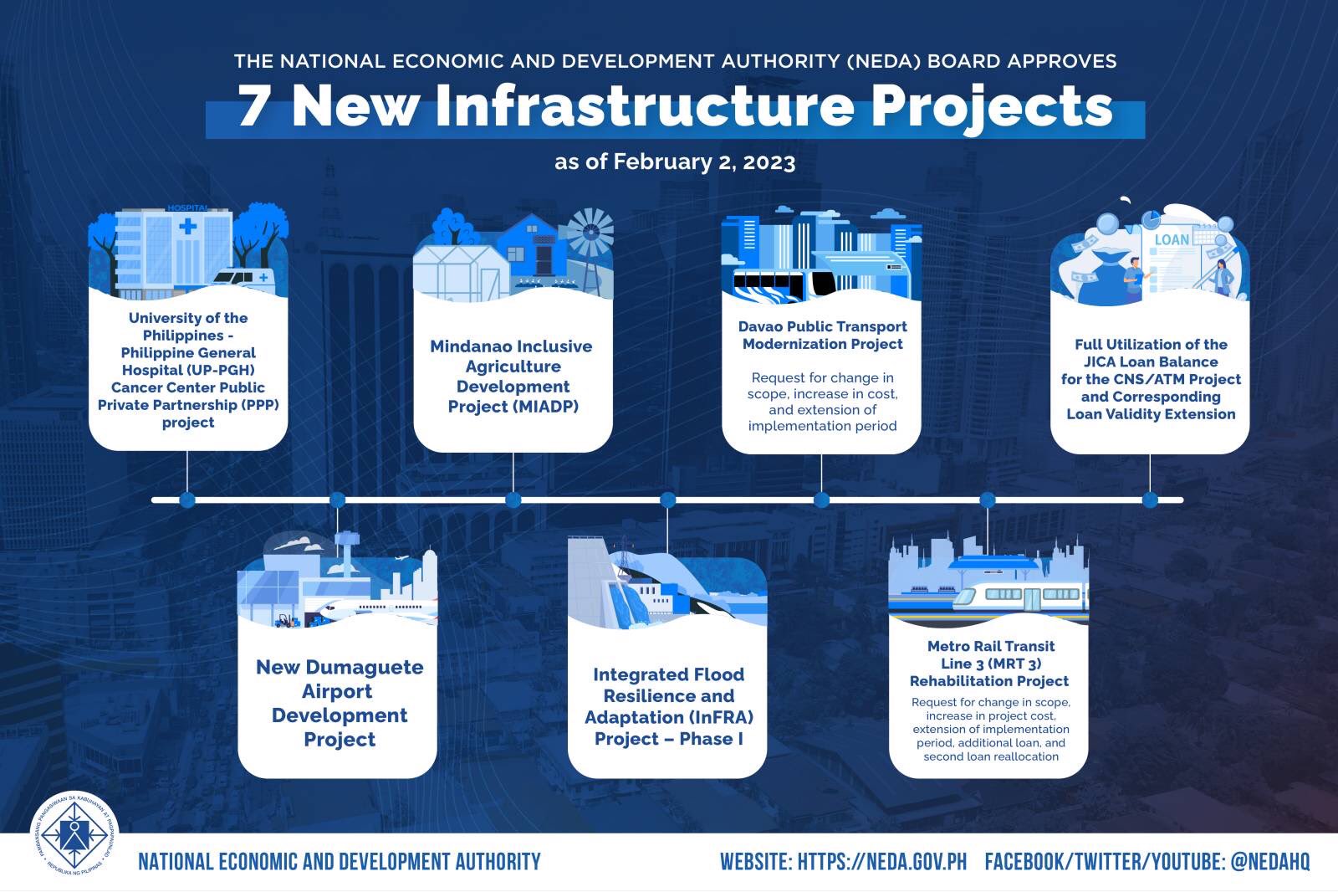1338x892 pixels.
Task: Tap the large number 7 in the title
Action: [255, 107]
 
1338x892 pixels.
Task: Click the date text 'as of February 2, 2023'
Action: [674, 161]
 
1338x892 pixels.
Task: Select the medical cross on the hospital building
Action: [187, 226]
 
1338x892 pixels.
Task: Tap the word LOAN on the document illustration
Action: [1171, 239]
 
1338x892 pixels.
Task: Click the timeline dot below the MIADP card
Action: [513, 500]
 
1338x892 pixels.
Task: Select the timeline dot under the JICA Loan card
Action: [1150, 500]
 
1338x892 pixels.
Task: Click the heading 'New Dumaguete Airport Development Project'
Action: [339, 703]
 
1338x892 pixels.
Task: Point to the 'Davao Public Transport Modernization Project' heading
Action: [822, 335]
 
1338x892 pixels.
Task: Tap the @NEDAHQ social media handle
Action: [1269, 862]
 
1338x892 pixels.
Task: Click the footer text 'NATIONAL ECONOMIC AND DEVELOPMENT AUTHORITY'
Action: [339, 862]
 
